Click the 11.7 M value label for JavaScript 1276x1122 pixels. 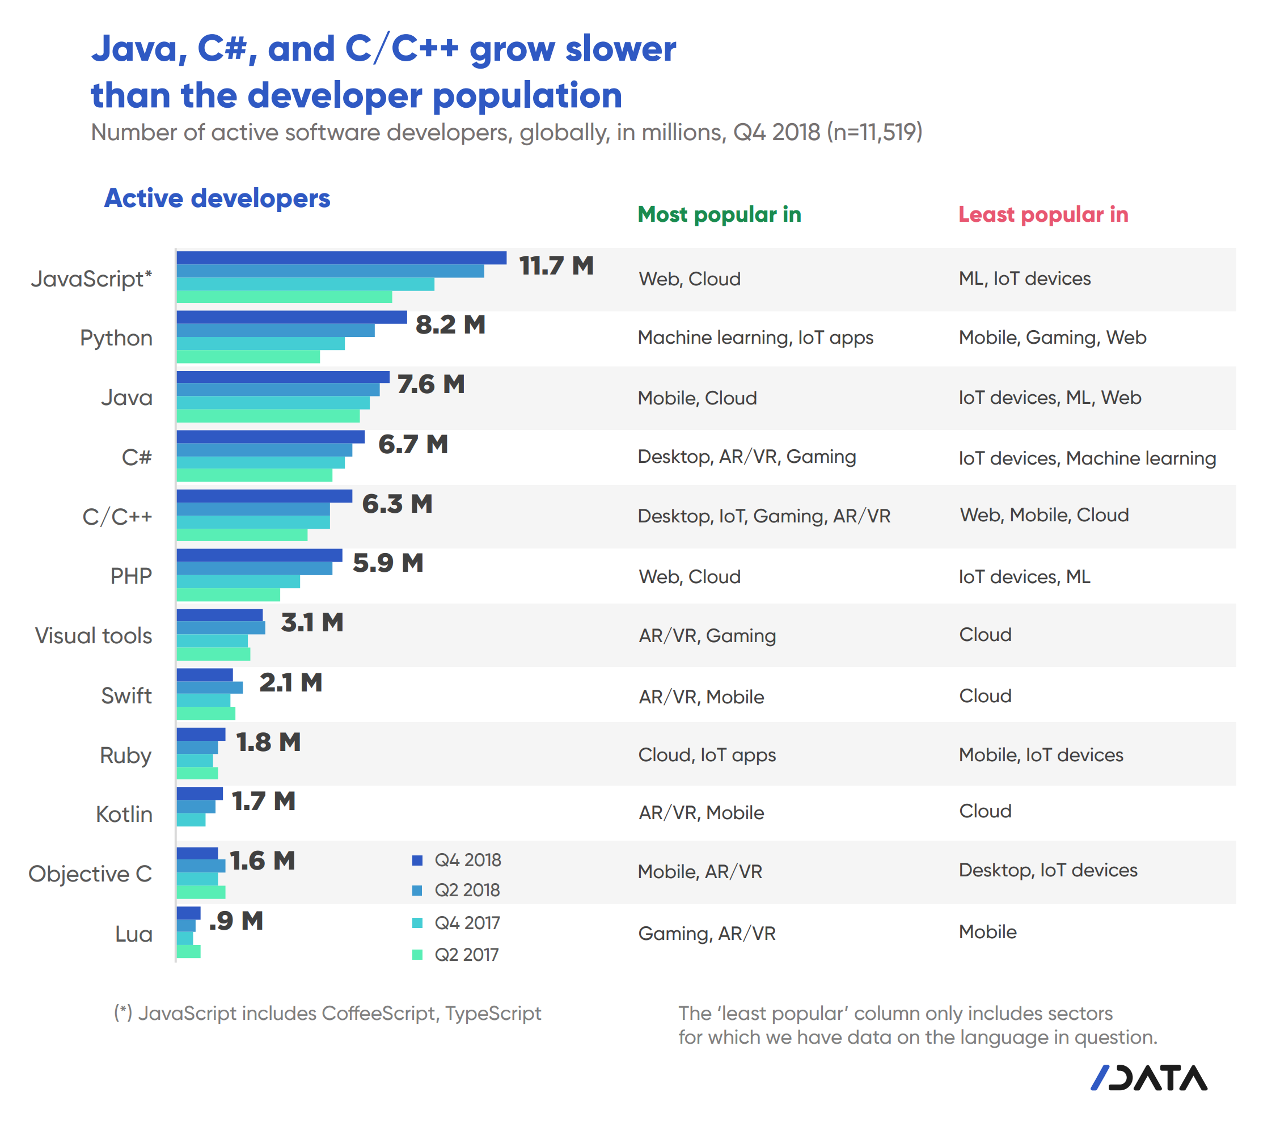(556, 266)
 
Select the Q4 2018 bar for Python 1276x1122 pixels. (291, 317)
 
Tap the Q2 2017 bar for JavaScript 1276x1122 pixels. (284, 297)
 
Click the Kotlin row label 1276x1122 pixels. (124, 814)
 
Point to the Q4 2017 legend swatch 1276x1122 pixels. (417, 923)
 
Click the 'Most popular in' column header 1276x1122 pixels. (719, 214)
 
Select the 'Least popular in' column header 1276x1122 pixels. (1043, 214)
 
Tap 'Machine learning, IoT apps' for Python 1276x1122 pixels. (755, 337)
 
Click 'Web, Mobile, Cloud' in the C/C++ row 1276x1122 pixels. (1045, 515)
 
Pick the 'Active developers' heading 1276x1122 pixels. (217, 198)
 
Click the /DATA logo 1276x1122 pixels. (1148, 1078)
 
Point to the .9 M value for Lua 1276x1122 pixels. (236, 921)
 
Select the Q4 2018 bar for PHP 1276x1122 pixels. (259, 555)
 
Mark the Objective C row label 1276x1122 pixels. (91, 874)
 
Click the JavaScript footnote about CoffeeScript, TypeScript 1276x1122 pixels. (327, 1013)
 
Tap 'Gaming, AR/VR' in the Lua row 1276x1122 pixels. (707, 934)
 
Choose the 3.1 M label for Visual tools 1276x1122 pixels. (311, 622)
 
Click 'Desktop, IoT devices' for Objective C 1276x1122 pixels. (1048, 870)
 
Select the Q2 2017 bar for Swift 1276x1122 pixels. (206, 713)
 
